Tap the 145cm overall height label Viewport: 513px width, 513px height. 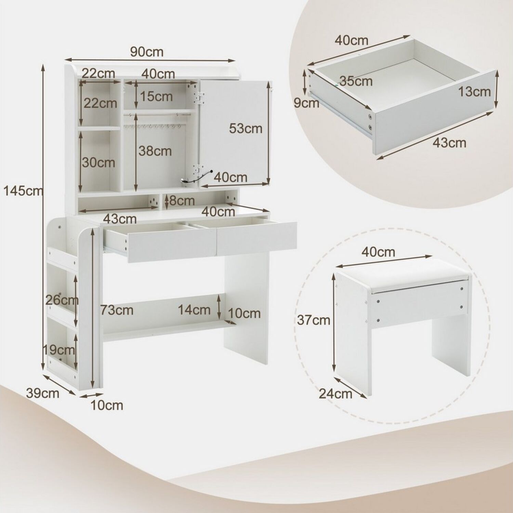pos(23,191)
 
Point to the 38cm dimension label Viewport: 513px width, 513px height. pos(155,151)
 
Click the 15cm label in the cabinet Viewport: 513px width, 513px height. pos(156,96)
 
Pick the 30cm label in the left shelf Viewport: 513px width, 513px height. pos(98,162)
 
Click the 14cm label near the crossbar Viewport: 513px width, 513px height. pos(194,310)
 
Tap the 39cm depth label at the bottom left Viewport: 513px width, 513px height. pos(42,393)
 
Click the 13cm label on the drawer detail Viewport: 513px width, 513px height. pos(474,92)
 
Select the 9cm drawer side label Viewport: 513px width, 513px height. pos(306,103)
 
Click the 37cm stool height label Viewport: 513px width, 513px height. pos(314,320)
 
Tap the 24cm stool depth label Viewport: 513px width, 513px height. pos(336,394)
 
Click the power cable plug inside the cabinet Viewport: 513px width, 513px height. pos(186,182)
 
